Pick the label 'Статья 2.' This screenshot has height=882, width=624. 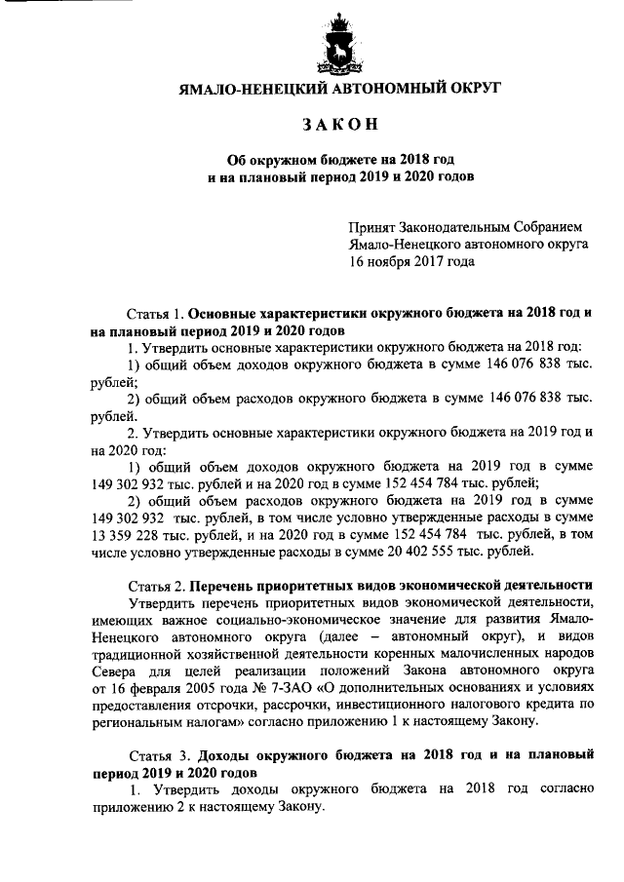[156, 586]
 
